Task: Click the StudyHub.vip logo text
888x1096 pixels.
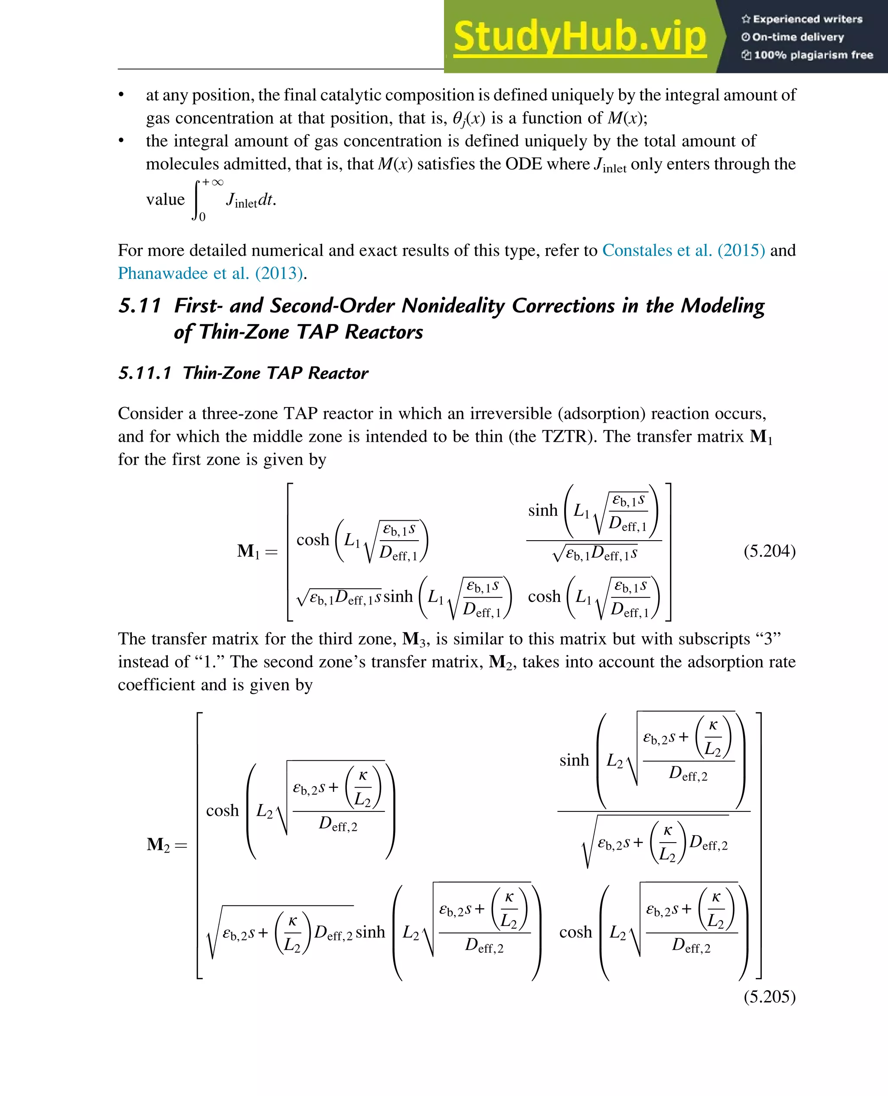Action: point(580,36)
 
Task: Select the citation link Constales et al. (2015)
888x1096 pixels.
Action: point(683,250)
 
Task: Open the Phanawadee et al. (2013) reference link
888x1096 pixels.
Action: point(211,273)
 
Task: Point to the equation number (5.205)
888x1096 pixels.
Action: point(769,997)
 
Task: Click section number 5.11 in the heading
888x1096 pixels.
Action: point(140,305)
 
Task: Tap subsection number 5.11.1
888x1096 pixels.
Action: point(145,373)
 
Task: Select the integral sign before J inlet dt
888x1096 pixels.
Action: point(197,199)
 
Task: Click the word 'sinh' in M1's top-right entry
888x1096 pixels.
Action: point(543,510)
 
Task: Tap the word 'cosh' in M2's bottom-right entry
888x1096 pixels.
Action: point(575,932)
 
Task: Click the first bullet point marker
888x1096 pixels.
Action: point(121,95)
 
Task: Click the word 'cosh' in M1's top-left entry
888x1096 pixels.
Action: point(313,540)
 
